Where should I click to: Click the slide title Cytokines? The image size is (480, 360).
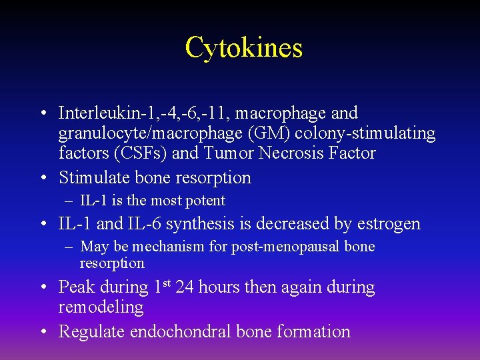point(243,48)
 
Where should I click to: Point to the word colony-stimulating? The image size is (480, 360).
point(376,133)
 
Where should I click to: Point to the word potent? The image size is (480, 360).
point(206,201)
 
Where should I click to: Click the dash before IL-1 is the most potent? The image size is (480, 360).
point(69,201)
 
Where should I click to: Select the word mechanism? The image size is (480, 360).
point(170,247)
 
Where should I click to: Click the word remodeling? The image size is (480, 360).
point(101,307)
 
